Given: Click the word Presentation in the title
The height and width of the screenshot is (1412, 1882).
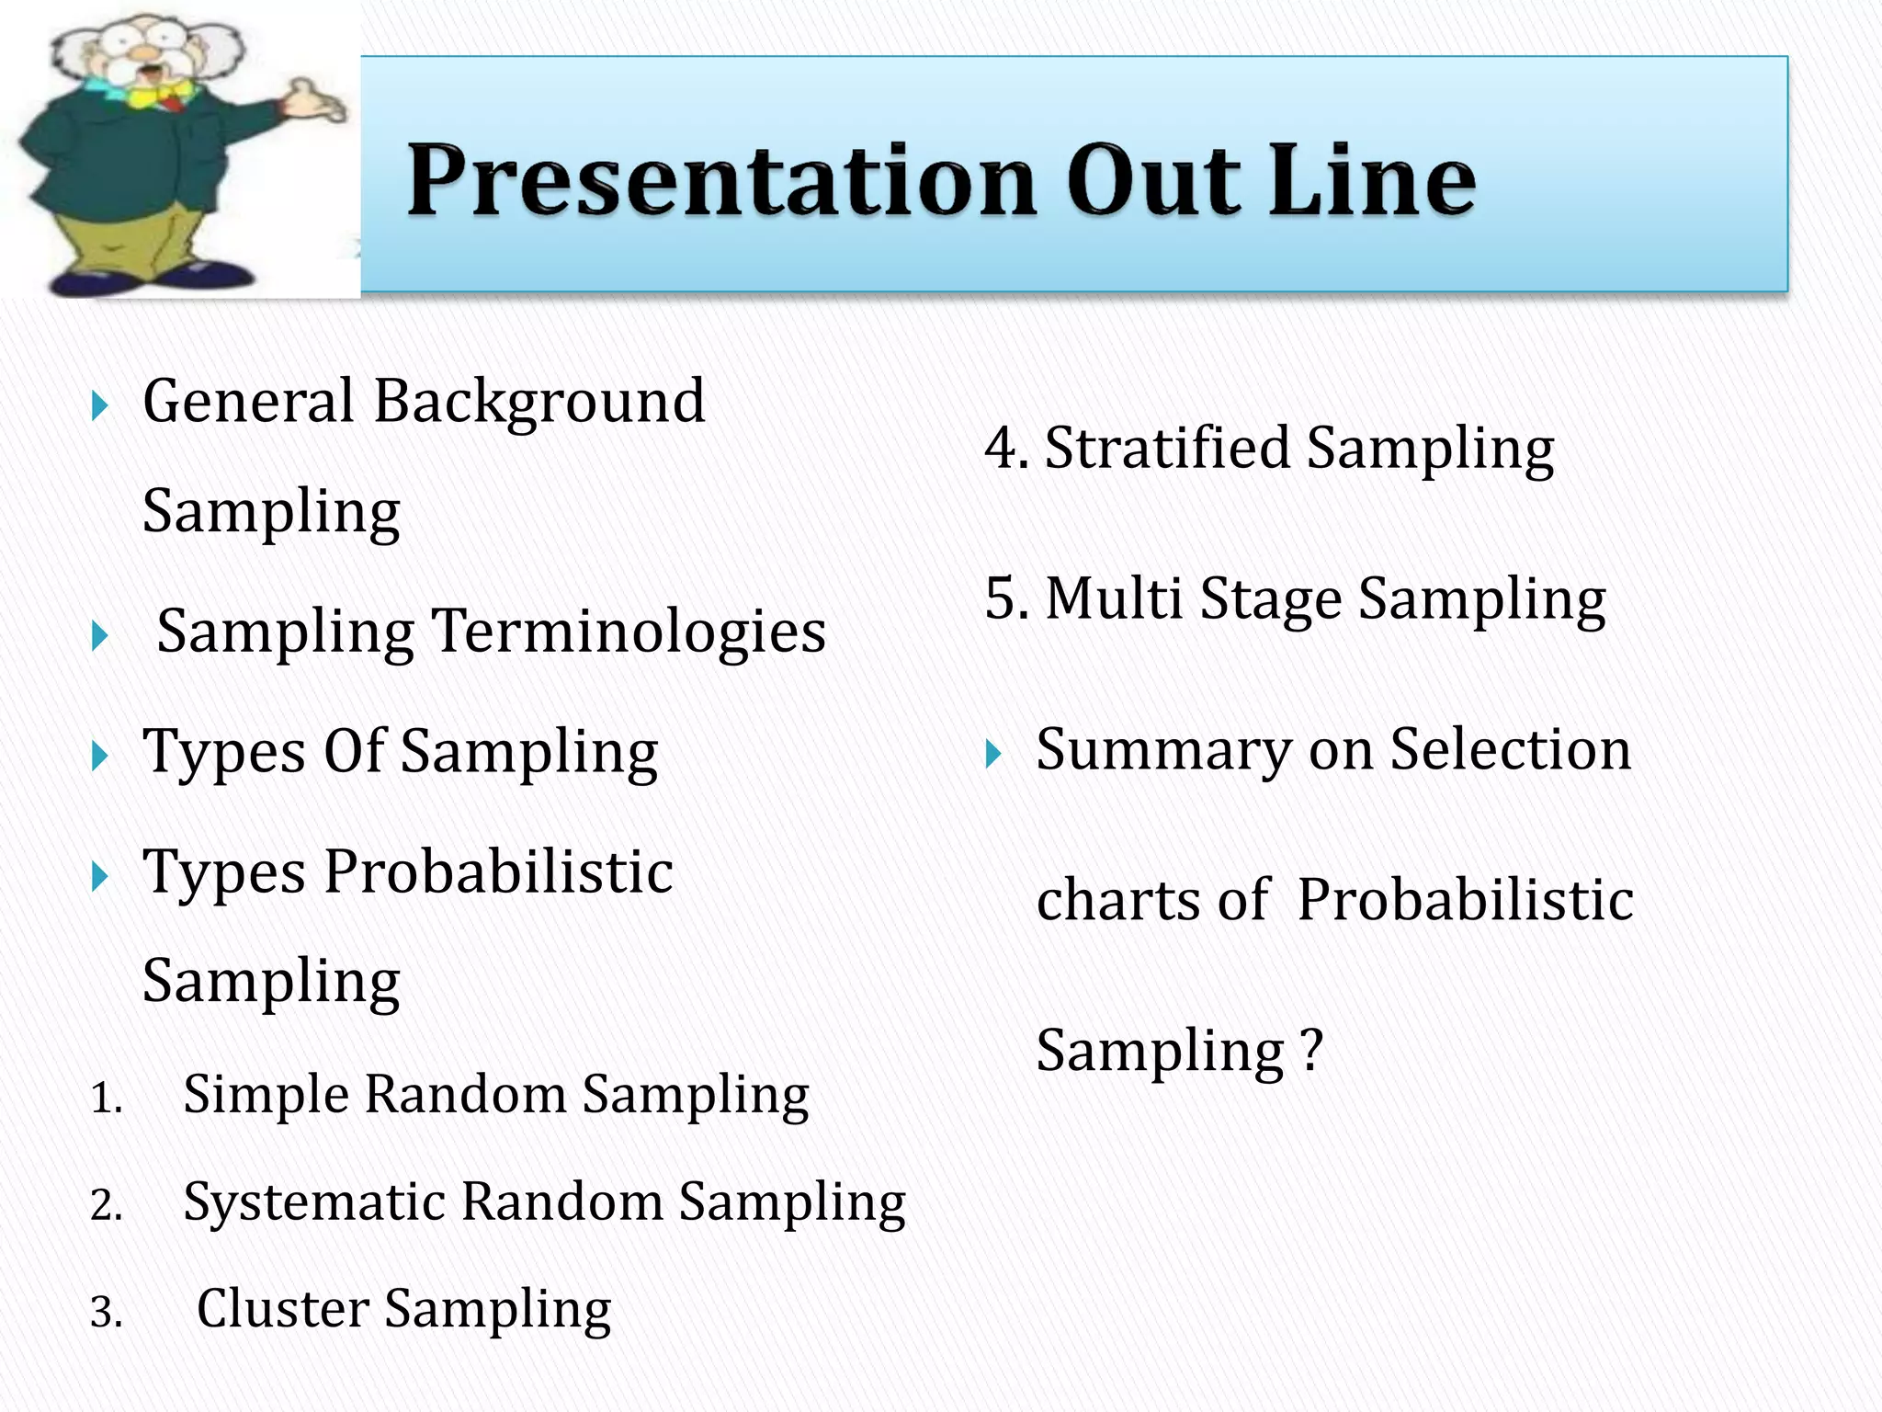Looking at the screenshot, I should click(x=721, y=180).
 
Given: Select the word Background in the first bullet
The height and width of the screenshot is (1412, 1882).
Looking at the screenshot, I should click(x=539, y=403).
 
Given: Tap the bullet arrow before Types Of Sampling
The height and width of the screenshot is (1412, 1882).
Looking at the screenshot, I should click(x=100, y=757).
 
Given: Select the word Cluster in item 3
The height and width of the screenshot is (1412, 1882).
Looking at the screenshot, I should click(x=283, y=1309).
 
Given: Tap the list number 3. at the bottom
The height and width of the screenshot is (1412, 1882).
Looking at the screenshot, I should click(x=106, y=1313).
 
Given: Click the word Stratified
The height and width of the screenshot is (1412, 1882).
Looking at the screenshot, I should click(x=1167, y=449).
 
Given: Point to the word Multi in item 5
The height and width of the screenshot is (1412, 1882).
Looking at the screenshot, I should click(x=1114, y=598).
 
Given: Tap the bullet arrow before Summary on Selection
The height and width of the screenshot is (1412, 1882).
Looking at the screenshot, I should click(x=993, y=755).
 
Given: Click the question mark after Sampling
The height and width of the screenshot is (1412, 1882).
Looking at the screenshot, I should click(x=1312, y=1049).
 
